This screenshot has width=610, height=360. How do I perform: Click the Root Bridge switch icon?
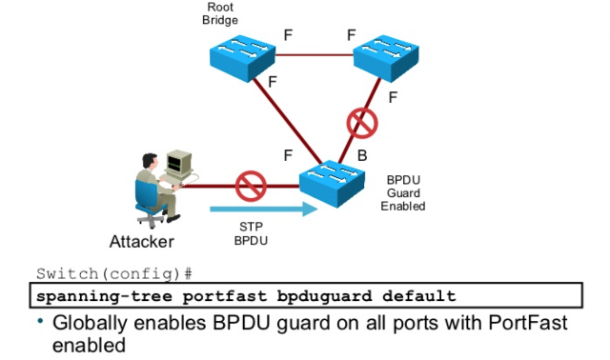coord(242,58)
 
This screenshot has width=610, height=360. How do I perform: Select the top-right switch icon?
coord(386,58)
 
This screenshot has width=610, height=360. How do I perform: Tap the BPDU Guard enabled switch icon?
coord(332,184)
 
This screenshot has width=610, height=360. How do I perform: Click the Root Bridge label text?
coord(220,13)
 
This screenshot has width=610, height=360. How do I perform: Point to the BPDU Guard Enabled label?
coord(403,193)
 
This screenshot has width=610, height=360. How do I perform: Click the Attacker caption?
coord(142,241)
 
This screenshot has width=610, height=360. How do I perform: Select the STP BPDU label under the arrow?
coord(251,233)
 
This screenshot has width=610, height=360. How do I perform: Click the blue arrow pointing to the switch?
coord(264,210)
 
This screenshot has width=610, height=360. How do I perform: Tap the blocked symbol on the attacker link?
coord(251,187)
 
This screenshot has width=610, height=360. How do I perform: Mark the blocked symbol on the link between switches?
coord(362,123)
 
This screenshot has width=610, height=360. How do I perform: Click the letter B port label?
coord(362,155)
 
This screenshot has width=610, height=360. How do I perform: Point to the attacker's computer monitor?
coord(179,163)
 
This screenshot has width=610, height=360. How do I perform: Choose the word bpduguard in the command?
coord(324,296)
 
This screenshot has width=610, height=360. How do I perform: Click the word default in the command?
coord(419,296)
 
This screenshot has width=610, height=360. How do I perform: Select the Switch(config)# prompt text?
coord(114,274)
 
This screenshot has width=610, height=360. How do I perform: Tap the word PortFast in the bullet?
coord(527,323)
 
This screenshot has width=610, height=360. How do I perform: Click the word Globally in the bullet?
coord(90,324)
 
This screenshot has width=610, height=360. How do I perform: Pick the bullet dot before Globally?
coord(40,321)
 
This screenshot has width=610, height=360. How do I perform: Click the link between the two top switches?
coord(315,55)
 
